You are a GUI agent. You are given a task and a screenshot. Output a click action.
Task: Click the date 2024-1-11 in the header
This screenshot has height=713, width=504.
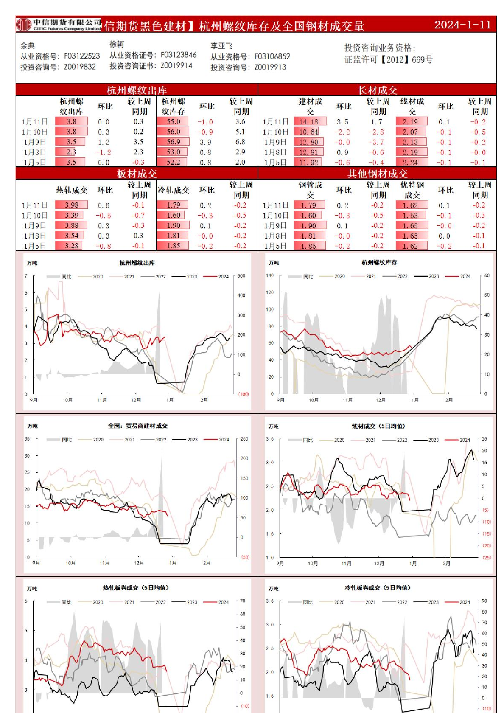[462, 25]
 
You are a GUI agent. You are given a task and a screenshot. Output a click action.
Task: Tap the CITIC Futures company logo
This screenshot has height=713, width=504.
[24, 25]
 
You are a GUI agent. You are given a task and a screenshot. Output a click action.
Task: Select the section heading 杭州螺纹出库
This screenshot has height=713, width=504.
[137, 90]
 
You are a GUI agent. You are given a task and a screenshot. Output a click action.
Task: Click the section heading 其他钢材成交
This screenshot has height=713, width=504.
[377, 174]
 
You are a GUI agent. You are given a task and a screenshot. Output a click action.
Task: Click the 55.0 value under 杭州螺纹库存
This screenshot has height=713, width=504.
[173, 122]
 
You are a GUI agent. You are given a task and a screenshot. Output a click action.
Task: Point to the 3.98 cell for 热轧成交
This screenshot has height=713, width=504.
[72, 205]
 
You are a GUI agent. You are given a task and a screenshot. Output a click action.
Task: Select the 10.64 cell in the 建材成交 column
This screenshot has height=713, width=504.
[308, 132]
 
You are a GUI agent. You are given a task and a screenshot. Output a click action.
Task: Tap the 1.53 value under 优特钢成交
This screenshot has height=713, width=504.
[410, 216]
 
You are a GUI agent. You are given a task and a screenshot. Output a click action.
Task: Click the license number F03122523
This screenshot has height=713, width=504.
[82, 56]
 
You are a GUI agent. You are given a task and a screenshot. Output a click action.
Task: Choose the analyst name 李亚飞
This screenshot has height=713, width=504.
[221, 46]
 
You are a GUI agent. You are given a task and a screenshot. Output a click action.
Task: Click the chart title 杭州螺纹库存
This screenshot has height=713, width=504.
[379, 263]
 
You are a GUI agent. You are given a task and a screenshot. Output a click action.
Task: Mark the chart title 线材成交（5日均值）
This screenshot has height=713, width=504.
[378, 426]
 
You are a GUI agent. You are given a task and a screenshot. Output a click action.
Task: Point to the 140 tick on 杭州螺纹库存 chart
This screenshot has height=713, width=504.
[270, 275]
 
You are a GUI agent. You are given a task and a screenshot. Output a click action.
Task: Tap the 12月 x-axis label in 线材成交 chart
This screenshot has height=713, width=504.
[379, 564]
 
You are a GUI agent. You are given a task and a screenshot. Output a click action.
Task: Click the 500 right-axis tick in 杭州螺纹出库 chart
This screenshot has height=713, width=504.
[241, 276]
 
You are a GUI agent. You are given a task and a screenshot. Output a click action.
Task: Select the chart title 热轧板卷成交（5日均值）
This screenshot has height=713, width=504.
[136, 588]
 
